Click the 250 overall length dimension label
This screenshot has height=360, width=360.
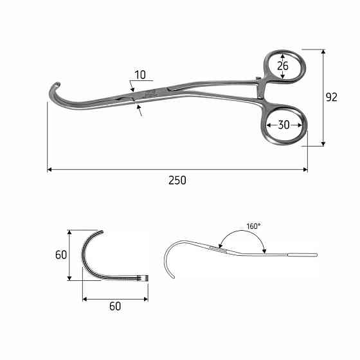point(177,181)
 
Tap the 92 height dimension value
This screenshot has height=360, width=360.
point(332,97)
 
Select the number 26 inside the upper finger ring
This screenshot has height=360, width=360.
point(283,66)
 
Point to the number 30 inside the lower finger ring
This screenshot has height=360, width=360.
point(283,125)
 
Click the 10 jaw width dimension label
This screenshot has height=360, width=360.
point(140,75)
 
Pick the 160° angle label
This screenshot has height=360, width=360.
point(253,226)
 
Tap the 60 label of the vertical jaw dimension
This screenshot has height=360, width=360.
point(61,255)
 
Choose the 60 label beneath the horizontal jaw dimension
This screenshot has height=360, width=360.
point(115,306)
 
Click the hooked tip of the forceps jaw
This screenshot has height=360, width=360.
point(58,84)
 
